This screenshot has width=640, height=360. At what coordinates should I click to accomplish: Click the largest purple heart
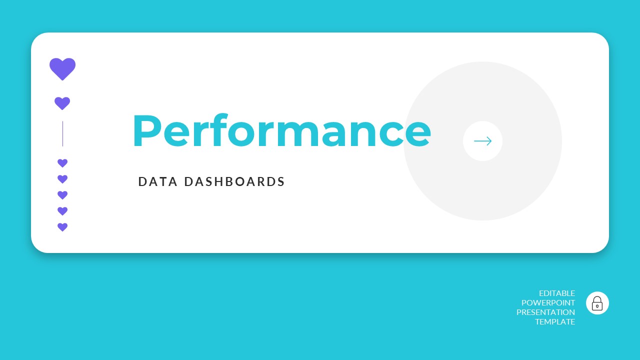pos(62,68)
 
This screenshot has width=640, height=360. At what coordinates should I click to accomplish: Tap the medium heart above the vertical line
pos(62,103)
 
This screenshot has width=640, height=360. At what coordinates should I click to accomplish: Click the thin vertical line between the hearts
pos(62,133)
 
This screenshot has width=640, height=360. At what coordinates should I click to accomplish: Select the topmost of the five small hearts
pos(62,163)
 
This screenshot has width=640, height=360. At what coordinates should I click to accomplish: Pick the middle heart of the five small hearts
pos(62,195)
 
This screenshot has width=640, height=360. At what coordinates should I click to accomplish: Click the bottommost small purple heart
pos(62,227)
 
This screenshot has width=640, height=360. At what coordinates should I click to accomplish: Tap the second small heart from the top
pos(62,179)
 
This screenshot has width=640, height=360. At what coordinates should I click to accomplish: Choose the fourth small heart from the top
pos(62,211)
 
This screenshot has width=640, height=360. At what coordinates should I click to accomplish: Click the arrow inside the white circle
pos(482,141)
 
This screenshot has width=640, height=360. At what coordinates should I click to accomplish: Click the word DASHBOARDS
pos(234,182)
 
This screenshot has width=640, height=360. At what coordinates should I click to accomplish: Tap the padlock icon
pos(597,303)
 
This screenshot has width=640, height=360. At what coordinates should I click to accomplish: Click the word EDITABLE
pos(557,293)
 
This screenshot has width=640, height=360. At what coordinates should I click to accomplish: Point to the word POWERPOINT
pos(548,303)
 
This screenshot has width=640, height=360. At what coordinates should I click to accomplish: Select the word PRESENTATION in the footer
pos(545,312)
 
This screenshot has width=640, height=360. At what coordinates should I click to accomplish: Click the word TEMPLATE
pos(555,322)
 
